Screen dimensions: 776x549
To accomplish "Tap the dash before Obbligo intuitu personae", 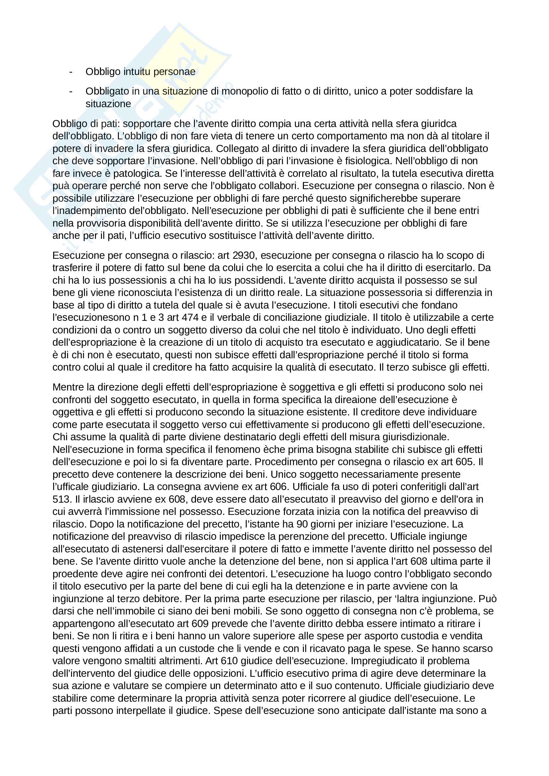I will tap(71, 72).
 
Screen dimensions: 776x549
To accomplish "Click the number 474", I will tap(190, 318).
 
